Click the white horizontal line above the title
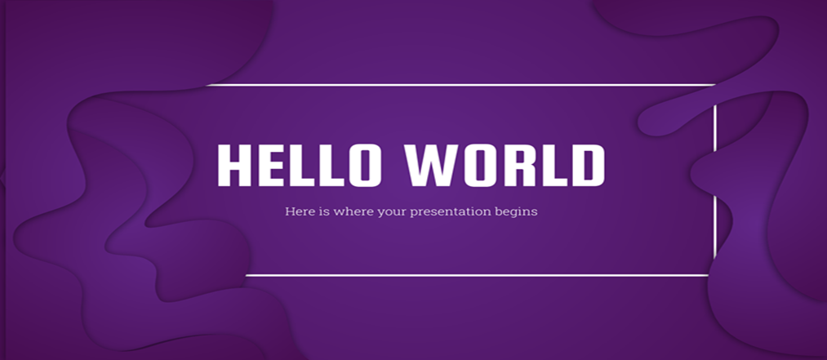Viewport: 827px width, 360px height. pyautogui.click(x=460, y=84)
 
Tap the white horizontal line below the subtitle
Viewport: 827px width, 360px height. pyautogui.click(x=477, y=275)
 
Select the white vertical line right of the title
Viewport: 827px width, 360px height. pyautogui.click(x=715, y=182)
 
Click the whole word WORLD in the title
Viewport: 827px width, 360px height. pyautogui.click(x=505, y=165)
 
